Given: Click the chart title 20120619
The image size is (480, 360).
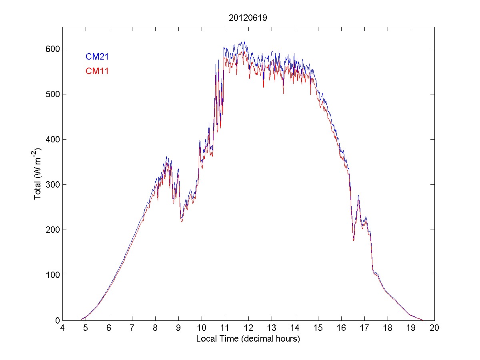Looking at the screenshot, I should click(248, 18).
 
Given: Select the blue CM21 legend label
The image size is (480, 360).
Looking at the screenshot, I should click(97, 57).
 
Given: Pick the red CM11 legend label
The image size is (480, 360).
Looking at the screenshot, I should click(97, 71).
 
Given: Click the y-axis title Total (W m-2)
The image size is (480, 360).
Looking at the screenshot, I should click(38, 174).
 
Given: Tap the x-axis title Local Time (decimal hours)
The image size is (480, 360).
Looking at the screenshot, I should click(248, 339).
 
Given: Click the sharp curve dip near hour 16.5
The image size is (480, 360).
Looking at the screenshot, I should click(354, 239).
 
